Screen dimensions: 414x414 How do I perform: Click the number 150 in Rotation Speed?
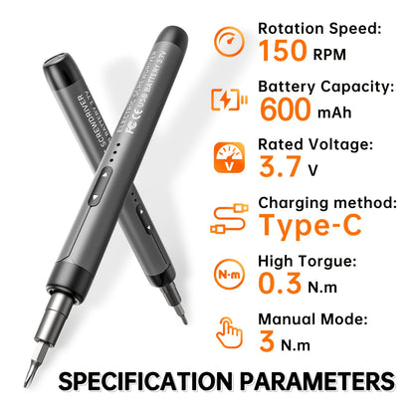[x=285, y=51]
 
